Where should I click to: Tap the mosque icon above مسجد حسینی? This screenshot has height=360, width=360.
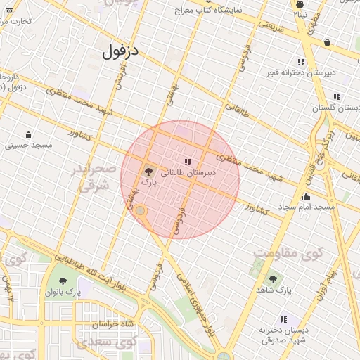pos(29,134)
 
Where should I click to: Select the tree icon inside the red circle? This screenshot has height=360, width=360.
pos(148,171)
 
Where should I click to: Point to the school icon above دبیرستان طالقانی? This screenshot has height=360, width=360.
pos(187,162)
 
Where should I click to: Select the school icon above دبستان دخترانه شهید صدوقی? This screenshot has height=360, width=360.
pos(284,319)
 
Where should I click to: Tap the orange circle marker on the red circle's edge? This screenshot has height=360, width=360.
pos(140,210)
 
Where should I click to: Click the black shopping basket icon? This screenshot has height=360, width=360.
pos(328,42)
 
